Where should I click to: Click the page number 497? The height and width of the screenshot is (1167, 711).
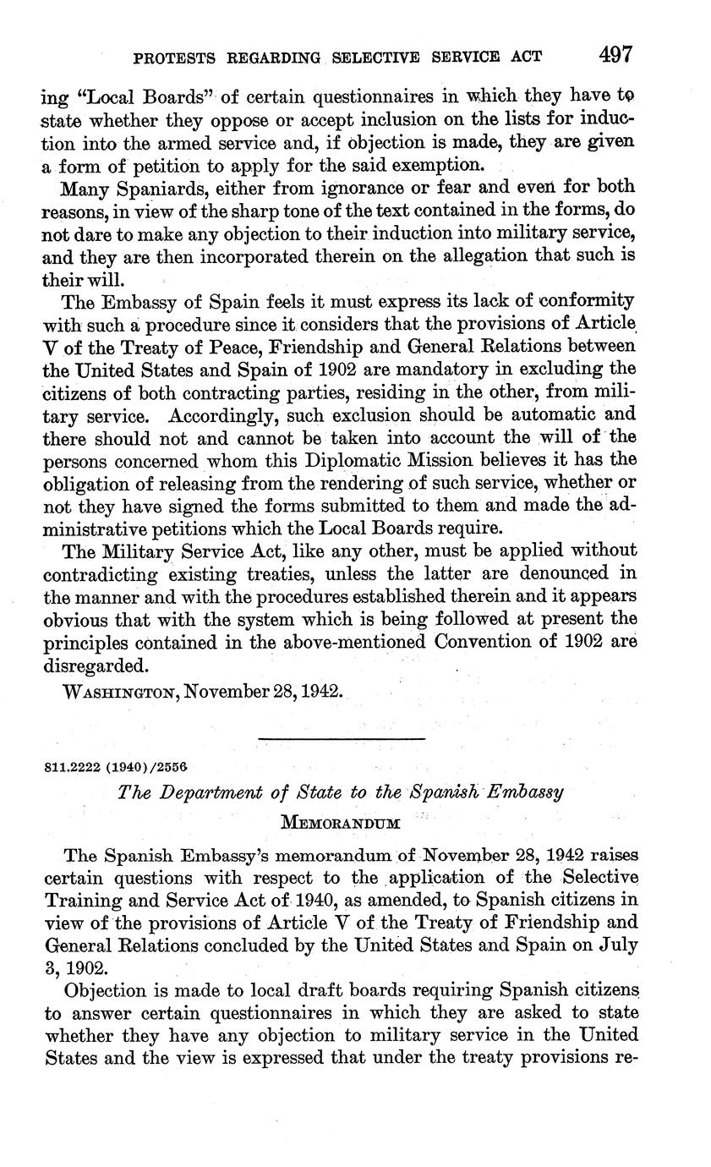coord(615,55)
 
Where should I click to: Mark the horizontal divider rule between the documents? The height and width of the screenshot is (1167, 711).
coord(342,741)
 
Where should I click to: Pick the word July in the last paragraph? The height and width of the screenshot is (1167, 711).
coord(615,944)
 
